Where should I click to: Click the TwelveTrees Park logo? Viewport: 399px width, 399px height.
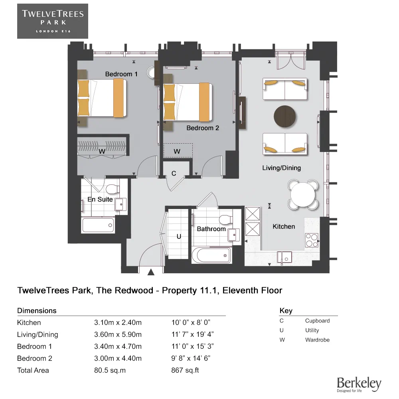pyautogui.click(x=53, y=21)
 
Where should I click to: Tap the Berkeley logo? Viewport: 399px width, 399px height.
pyautogui.click(x=359, y=384)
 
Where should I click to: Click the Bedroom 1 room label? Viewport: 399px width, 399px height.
pyautogui.click(x=121, y=74)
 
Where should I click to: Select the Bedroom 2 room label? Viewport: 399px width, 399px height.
pyautogui.click(x=203, y=128)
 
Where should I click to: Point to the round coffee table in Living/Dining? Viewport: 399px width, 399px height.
pyautogui.click(x=285, y=116)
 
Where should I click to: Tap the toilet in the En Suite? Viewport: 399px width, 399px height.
pyautogui.click(x=113, y=188)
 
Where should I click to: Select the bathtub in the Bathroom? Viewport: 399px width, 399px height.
pyautogui.click(x=211, y=255)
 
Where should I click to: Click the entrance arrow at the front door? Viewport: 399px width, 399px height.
pyautogui.click(x=151, y=273)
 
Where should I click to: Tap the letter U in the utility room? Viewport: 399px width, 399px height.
pyautogui.click(x=179, y=237)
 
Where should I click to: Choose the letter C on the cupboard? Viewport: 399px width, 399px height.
pyautogui.click(x=174, y=174)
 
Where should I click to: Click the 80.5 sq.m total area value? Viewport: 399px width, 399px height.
pyautogui.click(x=110, y=370)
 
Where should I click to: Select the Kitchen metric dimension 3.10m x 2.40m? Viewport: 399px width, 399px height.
pyautogui.click(x=118, y=322)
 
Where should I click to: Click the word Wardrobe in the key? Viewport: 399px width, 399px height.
pyautogui.click(x=317, y=340)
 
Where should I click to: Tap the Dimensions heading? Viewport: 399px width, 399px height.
pyautogui.click(x=37, y=310)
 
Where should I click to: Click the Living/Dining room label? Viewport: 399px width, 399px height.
pyautogui.click(x=281, y=168)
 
